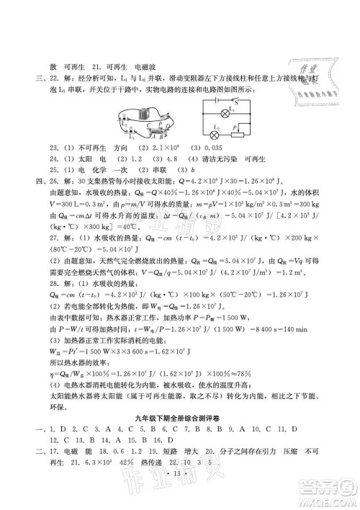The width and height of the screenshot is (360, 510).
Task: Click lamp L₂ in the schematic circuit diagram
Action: [x=217, y=134]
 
